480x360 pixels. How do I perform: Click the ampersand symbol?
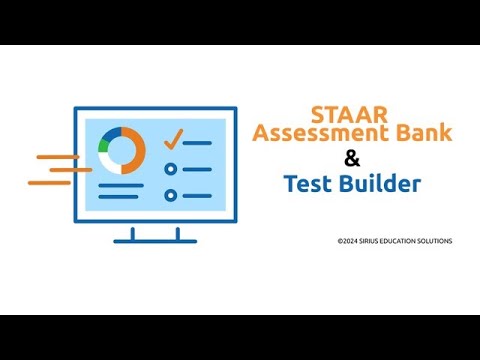coord(350,158)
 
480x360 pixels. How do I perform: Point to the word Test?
coord(305,184)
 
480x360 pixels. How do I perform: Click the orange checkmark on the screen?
coord(174,138)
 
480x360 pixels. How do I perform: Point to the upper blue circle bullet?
coord(171,169)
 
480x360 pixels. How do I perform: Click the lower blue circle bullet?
coord(171,195)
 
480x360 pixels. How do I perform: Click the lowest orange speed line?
coord(50,183)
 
